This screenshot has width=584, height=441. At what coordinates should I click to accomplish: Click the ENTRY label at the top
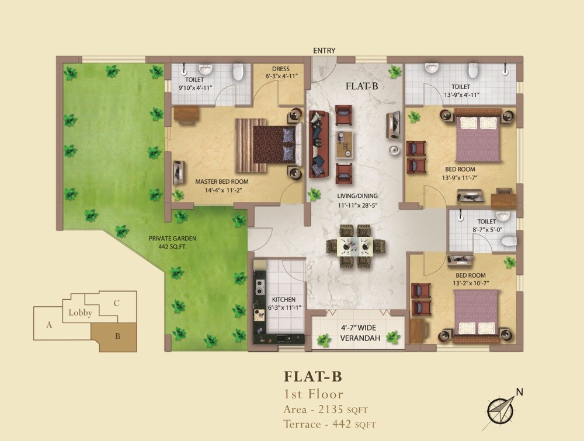coord(324,51)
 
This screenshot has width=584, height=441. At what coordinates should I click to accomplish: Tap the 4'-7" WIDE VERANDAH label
coord(361,332)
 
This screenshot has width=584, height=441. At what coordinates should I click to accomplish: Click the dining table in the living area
coord(356,247)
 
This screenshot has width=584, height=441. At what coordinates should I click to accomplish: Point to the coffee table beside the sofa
coord(344,145)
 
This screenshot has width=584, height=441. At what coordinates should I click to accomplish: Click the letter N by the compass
coord(519,392)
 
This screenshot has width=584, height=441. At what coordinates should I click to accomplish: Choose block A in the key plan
coord(50,325)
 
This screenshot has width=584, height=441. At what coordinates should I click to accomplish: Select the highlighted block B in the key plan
coord(118,337)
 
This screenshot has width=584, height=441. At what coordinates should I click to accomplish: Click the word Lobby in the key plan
coord(80,313)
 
